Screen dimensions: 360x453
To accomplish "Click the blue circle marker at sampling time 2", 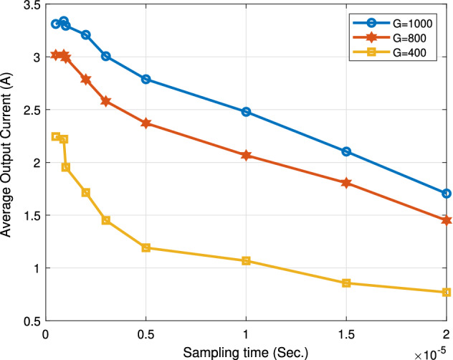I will point(447,193).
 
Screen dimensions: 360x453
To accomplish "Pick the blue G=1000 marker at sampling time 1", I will point(247,112).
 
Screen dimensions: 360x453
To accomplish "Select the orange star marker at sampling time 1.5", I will point(346,183).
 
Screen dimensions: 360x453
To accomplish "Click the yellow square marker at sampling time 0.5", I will point(146,247).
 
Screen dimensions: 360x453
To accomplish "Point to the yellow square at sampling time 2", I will point(447,292).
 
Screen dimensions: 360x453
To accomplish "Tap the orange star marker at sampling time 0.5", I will point(146,123).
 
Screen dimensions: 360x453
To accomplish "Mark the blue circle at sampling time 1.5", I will point(346,151).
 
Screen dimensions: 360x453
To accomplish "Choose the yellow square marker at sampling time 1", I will point(247,260).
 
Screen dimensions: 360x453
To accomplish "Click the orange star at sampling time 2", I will point(447,220).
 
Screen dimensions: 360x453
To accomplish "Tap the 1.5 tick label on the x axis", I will point(346,333).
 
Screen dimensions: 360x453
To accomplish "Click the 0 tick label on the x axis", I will point(46,333).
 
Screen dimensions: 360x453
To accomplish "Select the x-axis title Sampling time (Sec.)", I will point(246,350).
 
